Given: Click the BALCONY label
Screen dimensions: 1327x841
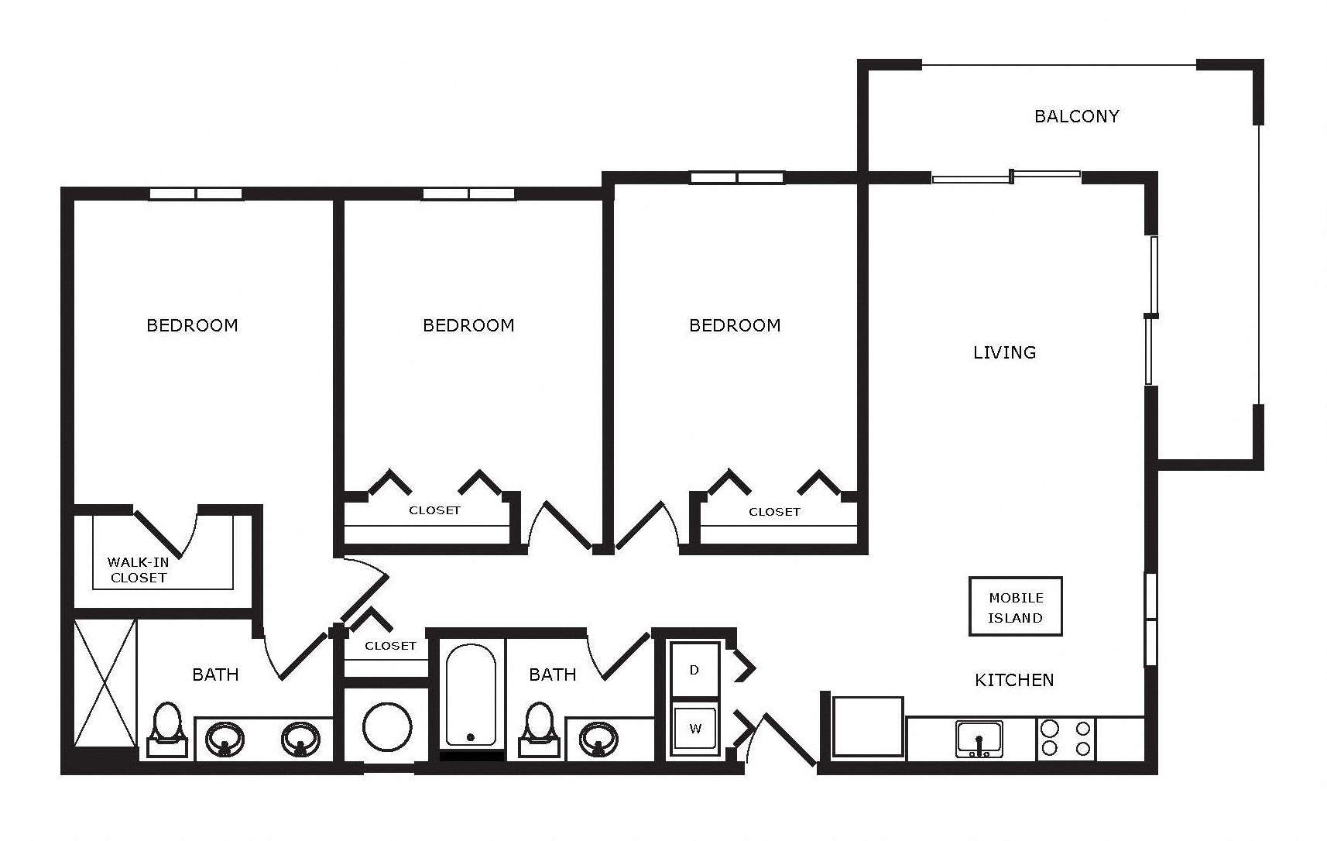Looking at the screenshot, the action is click(x=1076, y=116).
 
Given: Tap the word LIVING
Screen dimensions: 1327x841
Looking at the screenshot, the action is click(x=1005, y=352).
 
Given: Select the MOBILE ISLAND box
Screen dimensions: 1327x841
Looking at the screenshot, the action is click(x=1016, y=606).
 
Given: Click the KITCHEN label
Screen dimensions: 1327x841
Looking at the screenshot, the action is click(x=1014, y=680).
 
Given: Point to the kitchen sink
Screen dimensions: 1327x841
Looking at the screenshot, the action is click(x=979, y=739).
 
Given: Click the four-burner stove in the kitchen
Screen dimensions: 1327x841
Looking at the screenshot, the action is click(x=1066, y=739).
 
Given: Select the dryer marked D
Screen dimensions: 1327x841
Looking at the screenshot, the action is click(x=694, y=670).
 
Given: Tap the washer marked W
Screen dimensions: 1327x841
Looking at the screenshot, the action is click(x=695, y=729).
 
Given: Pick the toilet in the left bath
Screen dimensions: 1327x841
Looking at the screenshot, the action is click(x=167, y=729).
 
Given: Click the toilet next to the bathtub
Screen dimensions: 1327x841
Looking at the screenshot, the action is click(x=539, y=729).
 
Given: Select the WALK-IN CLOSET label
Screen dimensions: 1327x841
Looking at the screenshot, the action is click(x=139, y=569).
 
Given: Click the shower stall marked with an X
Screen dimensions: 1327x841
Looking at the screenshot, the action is click(x=105, y=683).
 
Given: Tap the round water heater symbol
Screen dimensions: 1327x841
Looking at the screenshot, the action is click(x=387, y=727).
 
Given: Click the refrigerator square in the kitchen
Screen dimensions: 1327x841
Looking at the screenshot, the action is click(x=868, y=727).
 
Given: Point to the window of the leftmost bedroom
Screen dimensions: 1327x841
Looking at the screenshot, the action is click(x=196, y=194).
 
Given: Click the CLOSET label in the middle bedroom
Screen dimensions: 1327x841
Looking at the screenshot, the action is click(x=434, y=510).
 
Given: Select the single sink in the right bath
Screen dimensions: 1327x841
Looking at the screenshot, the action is click(x=598, y=740).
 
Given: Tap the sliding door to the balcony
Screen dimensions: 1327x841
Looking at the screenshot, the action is click(x=1006, y=177).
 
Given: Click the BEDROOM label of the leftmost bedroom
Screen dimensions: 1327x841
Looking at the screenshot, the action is click(x=192, y=325).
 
